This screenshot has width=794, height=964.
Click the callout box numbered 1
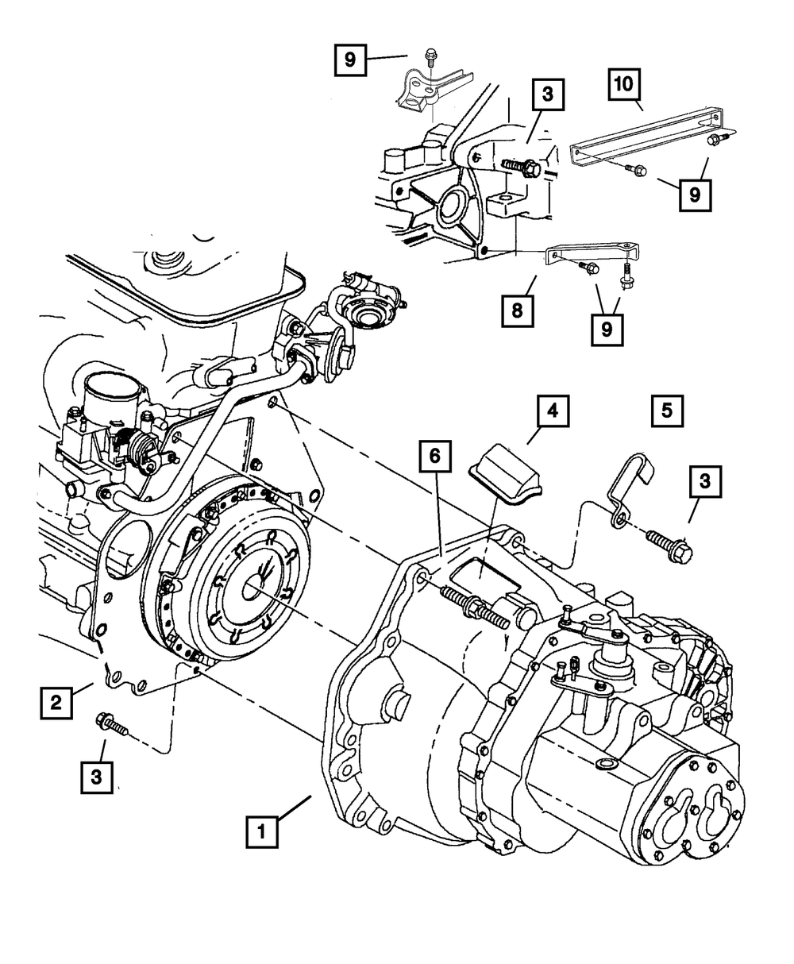click(x=262, y=832)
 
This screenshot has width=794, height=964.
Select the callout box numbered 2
click(x=56, y=703)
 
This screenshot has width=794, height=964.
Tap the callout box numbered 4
click(x=553, y=411)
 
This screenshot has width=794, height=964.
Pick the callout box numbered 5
click(x=667, y=411)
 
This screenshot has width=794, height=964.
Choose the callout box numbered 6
click(x=435, y=456)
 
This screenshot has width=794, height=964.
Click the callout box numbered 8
click(x=518, y=311)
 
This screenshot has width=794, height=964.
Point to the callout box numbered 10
click(x=624, y=84)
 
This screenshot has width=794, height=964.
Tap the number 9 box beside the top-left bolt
click(x=350, y=60)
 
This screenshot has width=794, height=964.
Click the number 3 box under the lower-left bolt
click(x=97, y=777)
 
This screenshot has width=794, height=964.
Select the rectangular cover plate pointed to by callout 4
click(x=506, y=474)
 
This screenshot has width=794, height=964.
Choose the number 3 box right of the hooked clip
click(x=705, y=481)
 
